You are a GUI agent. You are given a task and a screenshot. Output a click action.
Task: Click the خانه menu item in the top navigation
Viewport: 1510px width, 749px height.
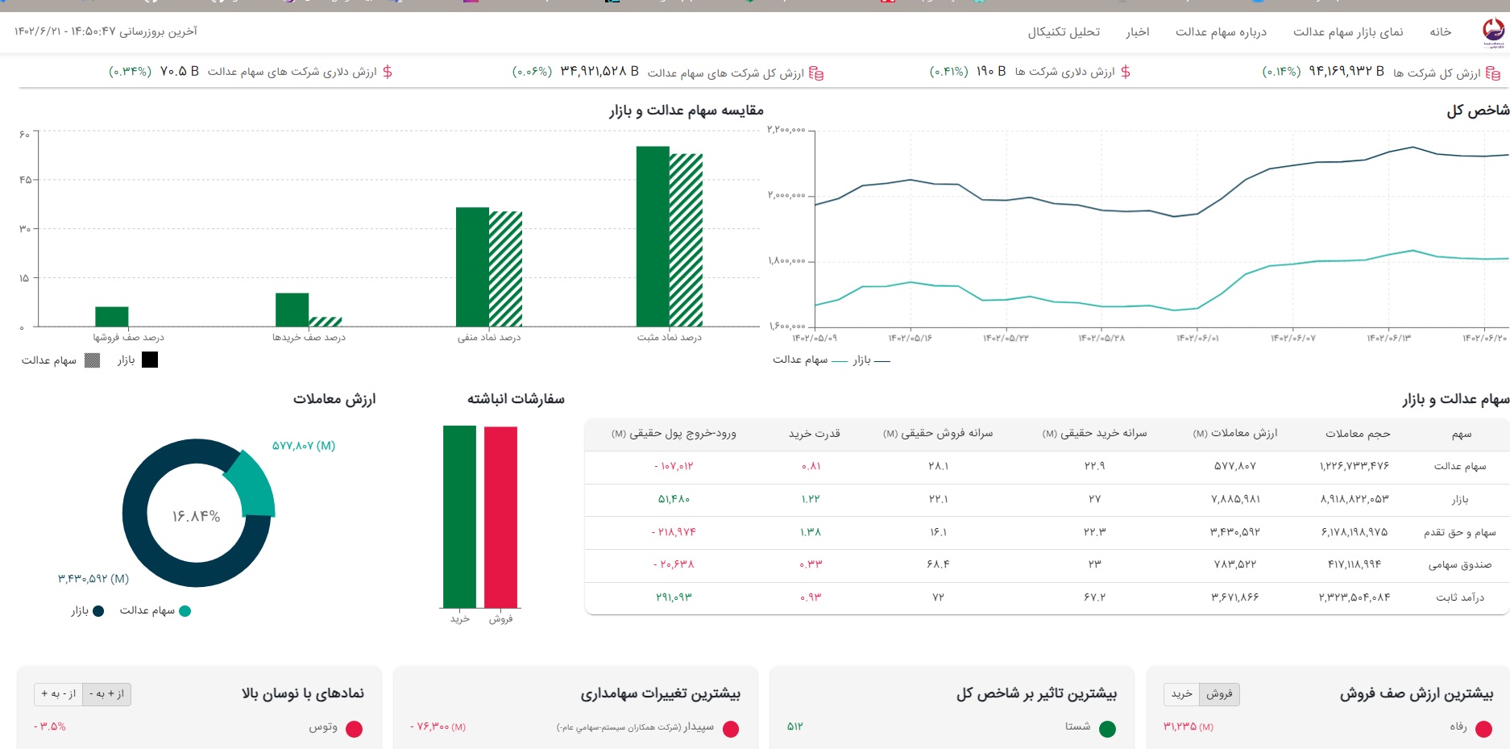coord(1440,31)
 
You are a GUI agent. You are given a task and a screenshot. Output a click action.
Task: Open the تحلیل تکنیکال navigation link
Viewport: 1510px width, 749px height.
coord(1064,31)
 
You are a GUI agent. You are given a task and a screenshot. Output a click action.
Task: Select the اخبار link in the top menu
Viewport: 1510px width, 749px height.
coord(1137,31)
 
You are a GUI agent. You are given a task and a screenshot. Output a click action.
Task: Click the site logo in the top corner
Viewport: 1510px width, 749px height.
coord(1493,32)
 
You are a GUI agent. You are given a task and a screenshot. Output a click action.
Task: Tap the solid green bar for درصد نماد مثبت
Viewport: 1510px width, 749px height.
coord(653,236)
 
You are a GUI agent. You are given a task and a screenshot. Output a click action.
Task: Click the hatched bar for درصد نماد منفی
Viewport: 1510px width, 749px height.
coord(506,268)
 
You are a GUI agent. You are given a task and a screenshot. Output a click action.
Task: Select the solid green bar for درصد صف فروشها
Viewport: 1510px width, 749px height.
coord(112,316)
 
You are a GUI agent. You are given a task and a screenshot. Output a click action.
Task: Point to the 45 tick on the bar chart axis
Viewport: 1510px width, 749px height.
coord(25,180)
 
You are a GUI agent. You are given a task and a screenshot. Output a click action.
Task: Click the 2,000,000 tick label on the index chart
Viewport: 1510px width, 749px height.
coord(786,195)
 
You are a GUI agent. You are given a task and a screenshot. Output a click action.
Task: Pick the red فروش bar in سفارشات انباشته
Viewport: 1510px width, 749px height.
coord(500,516)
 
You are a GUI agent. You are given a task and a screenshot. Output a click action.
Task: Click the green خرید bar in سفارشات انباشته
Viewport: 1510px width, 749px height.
coord(459,516)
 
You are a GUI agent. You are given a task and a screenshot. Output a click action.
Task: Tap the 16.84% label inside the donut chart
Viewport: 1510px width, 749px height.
coord(196,516)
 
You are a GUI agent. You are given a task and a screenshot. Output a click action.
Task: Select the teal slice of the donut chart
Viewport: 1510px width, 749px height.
coord(251,483)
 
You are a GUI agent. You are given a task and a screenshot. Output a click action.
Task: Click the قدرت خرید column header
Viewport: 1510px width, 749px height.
coord(814,434)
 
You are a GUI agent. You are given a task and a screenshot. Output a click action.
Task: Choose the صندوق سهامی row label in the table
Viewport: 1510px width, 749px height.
coord(1459,564)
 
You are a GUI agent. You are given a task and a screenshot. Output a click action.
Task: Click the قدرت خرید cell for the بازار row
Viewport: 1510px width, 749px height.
coord(811,499)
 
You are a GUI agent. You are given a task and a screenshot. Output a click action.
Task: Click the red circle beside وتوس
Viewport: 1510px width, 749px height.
coord(354,729)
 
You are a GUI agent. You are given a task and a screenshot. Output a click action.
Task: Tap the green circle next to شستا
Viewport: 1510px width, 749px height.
coord(1108,729)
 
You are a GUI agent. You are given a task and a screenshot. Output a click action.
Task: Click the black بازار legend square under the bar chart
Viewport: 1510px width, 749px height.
coord(150,360)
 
